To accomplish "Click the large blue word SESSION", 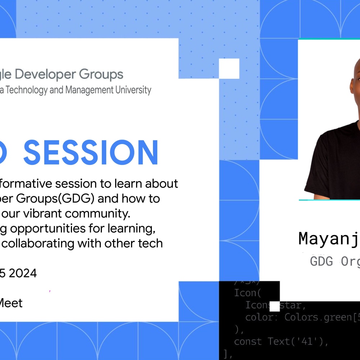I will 91,153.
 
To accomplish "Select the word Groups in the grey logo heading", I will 101,75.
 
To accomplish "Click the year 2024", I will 23,273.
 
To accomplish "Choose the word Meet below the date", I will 11,303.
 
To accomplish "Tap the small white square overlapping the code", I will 275,306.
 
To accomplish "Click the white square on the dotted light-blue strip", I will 229,68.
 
